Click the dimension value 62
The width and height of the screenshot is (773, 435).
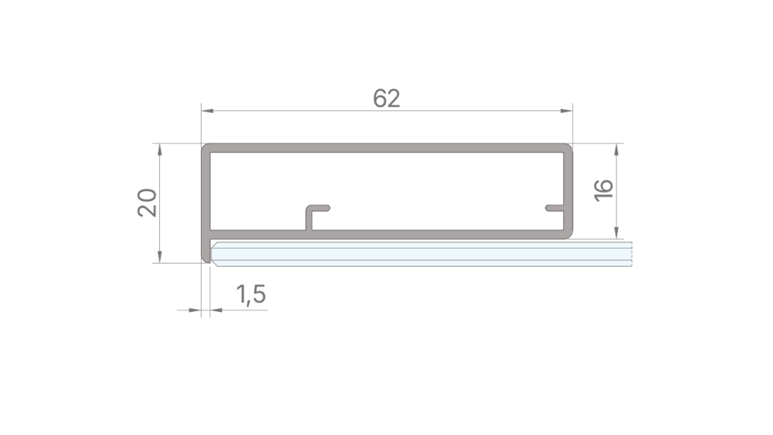(x=386, y=98)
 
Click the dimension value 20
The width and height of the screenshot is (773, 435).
(x=147, y=202)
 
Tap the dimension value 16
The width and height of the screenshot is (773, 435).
(x=603, y=190)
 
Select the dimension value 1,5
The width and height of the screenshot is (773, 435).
(x=251, y=295)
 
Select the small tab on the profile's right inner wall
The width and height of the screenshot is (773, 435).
(x=555, y=207)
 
